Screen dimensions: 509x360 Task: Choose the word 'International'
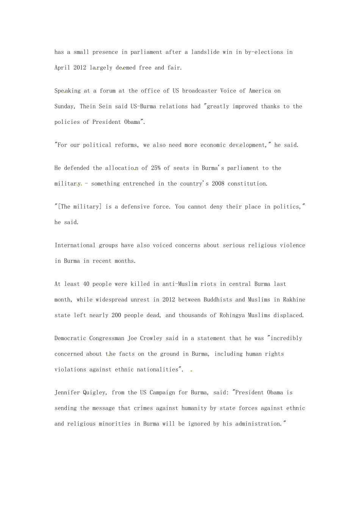[75, 245]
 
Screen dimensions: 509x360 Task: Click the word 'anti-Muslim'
[180, 284]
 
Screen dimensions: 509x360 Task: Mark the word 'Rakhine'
[294, 300]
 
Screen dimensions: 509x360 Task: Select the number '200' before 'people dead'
[116, 315]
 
